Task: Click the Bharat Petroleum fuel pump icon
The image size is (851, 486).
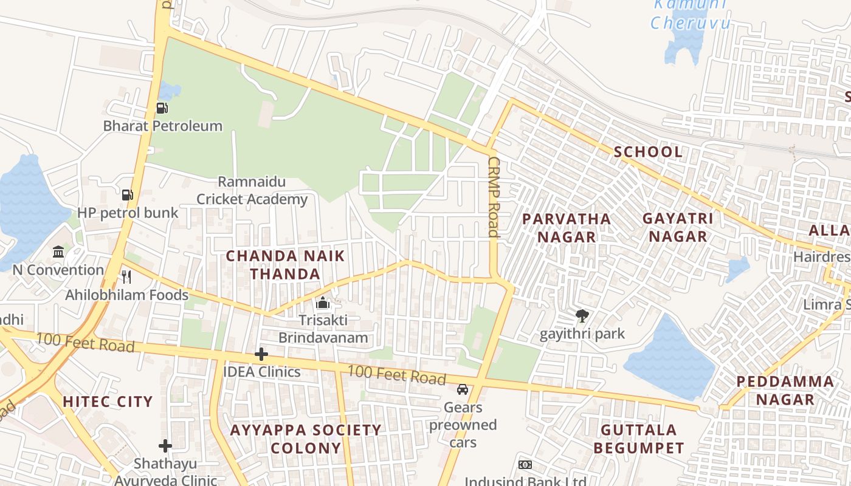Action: click(x=162, y=108)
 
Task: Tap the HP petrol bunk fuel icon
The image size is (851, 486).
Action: click(x=128, y=195)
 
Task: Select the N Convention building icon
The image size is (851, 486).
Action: click(x=58, y=252)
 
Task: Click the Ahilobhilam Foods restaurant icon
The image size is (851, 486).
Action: click(x=126, y=277)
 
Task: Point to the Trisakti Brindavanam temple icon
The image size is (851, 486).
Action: click(x=323, y=302)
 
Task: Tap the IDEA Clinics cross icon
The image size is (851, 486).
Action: click(x=261, y=354)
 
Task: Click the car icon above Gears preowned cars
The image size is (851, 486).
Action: click(x=463, y=389)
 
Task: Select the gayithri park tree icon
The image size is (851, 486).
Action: click(x=582, y=316)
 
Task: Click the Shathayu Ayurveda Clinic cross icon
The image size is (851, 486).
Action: click(x=165, y=446)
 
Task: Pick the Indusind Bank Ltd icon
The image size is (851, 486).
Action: click(x=525, y=465)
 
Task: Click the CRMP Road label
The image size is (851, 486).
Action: click(x=494, y=197)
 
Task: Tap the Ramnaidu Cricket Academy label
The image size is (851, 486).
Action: click(x=252, y=191)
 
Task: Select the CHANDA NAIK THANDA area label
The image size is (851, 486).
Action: click(x=285, y=265)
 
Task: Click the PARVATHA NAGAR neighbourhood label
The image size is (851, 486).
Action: click(x=566, y=228)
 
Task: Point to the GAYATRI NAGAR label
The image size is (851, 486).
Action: click(x=678, y=228)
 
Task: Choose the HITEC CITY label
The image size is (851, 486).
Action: click(x=108, y=402)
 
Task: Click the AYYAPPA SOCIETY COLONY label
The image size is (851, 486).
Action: click(x=306, y=439)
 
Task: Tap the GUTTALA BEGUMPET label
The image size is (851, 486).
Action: click(x=639, y=439)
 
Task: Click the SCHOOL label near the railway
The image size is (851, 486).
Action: click(x=648, y=152)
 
